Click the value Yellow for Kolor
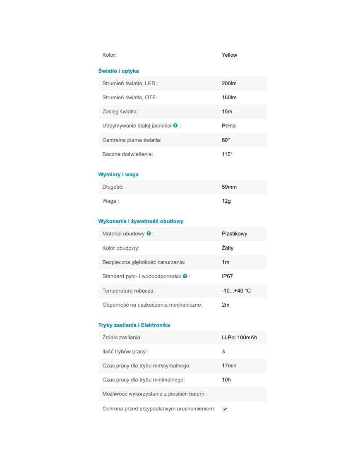229,55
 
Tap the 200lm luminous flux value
229,84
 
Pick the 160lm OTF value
229,98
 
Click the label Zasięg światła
120,112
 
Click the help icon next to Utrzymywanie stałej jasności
175,125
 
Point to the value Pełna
229,126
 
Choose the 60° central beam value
226,140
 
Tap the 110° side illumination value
227,154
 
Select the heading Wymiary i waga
118,175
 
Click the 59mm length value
229,187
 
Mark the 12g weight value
226,201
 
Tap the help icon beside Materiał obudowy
149,233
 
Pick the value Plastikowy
235,234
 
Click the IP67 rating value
228,276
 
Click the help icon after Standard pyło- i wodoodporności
185,276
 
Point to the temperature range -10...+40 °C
236,291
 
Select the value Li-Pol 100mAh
239,338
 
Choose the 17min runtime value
229,366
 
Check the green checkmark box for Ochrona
225,409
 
